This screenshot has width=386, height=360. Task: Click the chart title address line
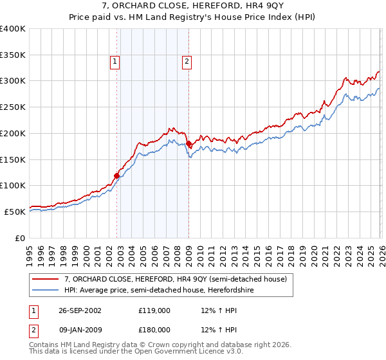pos(193,6)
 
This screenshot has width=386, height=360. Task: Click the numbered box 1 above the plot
pos(115,62)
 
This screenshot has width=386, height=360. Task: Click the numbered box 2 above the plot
pos(187,62)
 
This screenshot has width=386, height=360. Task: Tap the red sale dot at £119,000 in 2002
pos(117,175)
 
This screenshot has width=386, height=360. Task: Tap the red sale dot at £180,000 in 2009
pos(188,143)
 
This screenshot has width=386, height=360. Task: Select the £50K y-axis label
pos(14,212)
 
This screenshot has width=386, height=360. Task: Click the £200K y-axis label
pos(13,133)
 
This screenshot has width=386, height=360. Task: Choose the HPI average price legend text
pos(160,290)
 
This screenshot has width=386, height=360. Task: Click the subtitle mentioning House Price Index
pos(193,18)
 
